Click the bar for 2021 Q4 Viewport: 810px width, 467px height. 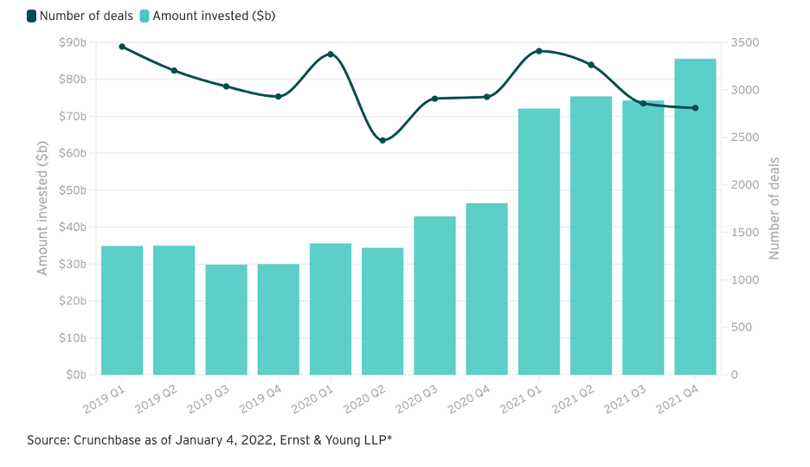coord(695,216)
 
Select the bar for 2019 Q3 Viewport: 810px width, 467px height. coord(226,319)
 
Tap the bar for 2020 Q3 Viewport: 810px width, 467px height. coord(434,295)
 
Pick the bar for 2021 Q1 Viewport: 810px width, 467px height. coord(538,241)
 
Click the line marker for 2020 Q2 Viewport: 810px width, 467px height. coord(382,140)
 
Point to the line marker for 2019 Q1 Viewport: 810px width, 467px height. coord(122,47)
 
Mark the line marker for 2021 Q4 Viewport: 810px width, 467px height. coord(695,108)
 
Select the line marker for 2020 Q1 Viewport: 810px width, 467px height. coord(331,54)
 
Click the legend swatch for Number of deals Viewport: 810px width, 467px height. coord(32,16)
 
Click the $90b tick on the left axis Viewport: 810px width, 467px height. coord(72,42)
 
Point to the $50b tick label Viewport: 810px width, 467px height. coord(72,190)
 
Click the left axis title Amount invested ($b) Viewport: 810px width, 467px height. coord(42,208)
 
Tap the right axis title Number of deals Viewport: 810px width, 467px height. coord(775,208)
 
